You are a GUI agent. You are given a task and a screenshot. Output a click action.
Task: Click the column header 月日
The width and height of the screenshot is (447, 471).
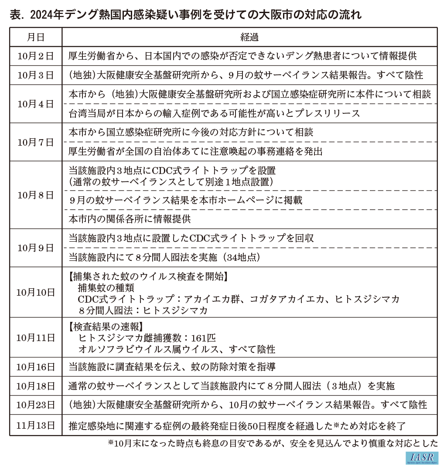(36, 37)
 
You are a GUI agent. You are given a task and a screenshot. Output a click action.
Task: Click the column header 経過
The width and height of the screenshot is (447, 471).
(249, 37)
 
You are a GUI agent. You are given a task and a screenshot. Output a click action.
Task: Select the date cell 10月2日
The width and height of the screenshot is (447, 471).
(36, 56)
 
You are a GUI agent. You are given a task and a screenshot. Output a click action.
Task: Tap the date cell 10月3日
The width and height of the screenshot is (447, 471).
(36, 75)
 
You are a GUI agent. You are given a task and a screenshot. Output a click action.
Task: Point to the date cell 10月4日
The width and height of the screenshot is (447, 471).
(36, 104)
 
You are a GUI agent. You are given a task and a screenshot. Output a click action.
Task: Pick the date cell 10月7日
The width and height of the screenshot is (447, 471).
(36, 142)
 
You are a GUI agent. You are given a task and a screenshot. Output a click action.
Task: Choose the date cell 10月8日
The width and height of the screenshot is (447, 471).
(36, 195)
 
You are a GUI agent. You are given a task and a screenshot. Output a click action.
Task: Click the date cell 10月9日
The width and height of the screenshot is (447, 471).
(36, 248)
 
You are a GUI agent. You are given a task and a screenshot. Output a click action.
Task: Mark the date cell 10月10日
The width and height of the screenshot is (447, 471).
(36, 292)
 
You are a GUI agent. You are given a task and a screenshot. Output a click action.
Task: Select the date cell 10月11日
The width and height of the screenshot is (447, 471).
(36, 337)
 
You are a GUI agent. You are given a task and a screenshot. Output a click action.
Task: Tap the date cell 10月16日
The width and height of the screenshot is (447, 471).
(36, 367)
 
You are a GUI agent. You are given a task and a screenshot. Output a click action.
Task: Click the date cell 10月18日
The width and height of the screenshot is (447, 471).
(36, 386)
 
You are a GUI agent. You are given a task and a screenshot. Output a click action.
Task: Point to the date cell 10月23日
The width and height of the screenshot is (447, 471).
(36, 405)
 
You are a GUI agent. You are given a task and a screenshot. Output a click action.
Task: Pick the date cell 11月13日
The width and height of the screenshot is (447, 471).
(36, 425)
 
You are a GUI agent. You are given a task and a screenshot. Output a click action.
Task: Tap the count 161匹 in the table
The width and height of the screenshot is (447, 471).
(199, 338)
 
